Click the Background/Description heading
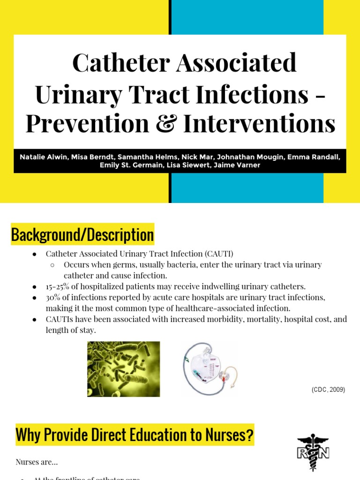coord(82,235)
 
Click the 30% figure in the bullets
coord(53,297)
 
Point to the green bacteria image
coord(123,369)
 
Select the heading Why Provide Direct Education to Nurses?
coord(135,435)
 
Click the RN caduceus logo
coord(313,452)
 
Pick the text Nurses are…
coord(37,462)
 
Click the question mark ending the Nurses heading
coord(249,435)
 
